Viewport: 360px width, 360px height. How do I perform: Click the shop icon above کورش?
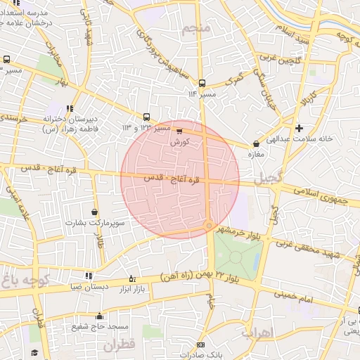coord(179,131)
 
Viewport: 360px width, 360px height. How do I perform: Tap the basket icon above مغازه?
coord(255,145)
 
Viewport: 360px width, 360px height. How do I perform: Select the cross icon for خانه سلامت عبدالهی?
coord(300,128)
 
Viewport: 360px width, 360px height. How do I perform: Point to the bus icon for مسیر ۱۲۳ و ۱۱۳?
coord(146,117)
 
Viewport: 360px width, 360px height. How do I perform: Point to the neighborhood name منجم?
coord(196,29)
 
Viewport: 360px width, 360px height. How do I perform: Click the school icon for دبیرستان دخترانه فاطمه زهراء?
coord(69,108)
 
